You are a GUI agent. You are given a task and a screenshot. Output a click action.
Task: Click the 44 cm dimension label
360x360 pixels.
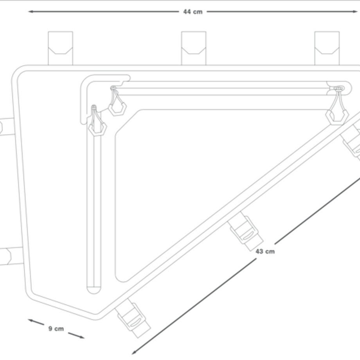pyautogui.click(x=193, y=12)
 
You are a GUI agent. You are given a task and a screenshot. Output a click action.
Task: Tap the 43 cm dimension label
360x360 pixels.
pyautogui.click(x=265, y=251)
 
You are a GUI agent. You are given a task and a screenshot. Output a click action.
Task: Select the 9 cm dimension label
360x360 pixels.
pyautogui.click(x=56, y=329)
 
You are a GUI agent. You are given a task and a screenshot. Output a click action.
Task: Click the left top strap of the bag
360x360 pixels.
pyautogui.click(x=60, y=48)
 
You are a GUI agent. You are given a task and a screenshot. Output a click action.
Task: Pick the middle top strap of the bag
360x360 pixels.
pyautogui.click(x=194, y=48)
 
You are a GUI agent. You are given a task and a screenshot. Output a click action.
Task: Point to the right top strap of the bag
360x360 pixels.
pyautogui.click(x=327, y=48)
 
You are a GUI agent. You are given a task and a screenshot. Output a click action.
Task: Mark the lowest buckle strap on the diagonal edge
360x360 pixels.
pyautogui.click(x=133, y=318)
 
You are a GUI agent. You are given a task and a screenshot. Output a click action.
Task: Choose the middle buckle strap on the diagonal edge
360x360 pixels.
pyautogui.click(x=245, y=231)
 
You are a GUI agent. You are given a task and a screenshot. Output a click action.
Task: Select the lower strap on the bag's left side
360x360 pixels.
pyautogui.click(x=11, y=256)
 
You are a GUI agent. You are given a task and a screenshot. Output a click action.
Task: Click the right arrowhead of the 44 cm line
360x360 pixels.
pyautogui.click(x=355, y=11)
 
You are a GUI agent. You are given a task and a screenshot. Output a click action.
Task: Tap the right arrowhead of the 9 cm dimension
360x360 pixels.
pyautogui.click(x=82, y=337)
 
